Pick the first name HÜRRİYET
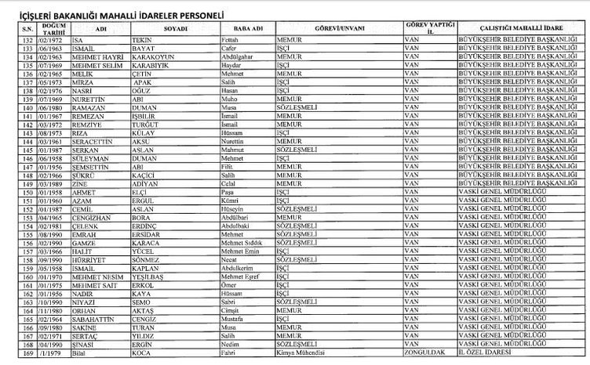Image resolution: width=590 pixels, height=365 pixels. coord(76,258)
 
